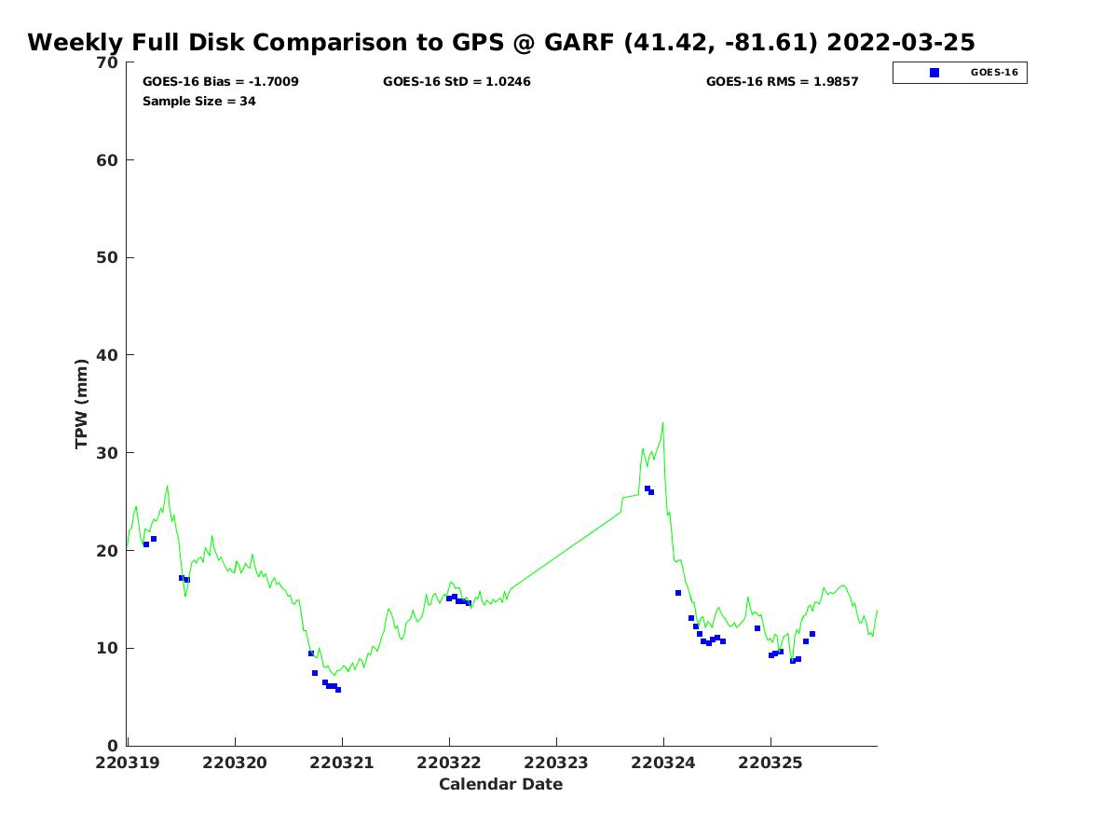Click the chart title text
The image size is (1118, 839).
[x=501, y=43]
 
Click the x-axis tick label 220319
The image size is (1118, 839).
[x=129, y=763]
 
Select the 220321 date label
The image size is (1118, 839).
[x=342, y=763]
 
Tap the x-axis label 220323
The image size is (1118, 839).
[x=556, y=763]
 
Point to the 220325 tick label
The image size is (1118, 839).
[x=770, y=763]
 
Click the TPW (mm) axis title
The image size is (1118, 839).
[x=82, y=404]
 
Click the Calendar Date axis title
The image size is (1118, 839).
[x=501, y=785]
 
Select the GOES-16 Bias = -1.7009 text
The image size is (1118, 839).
[x=221, y=82]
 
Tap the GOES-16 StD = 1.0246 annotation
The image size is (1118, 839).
[x=457, y=82]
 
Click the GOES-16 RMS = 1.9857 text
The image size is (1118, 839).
[x=783, y=82]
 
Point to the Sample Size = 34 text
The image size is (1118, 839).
[x=199, y=102]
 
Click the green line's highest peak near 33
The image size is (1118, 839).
[x=662, y=423]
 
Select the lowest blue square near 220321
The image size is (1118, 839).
[x=338, y=690]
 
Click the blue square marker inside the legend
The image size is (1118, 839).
[x=934, y=73]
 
